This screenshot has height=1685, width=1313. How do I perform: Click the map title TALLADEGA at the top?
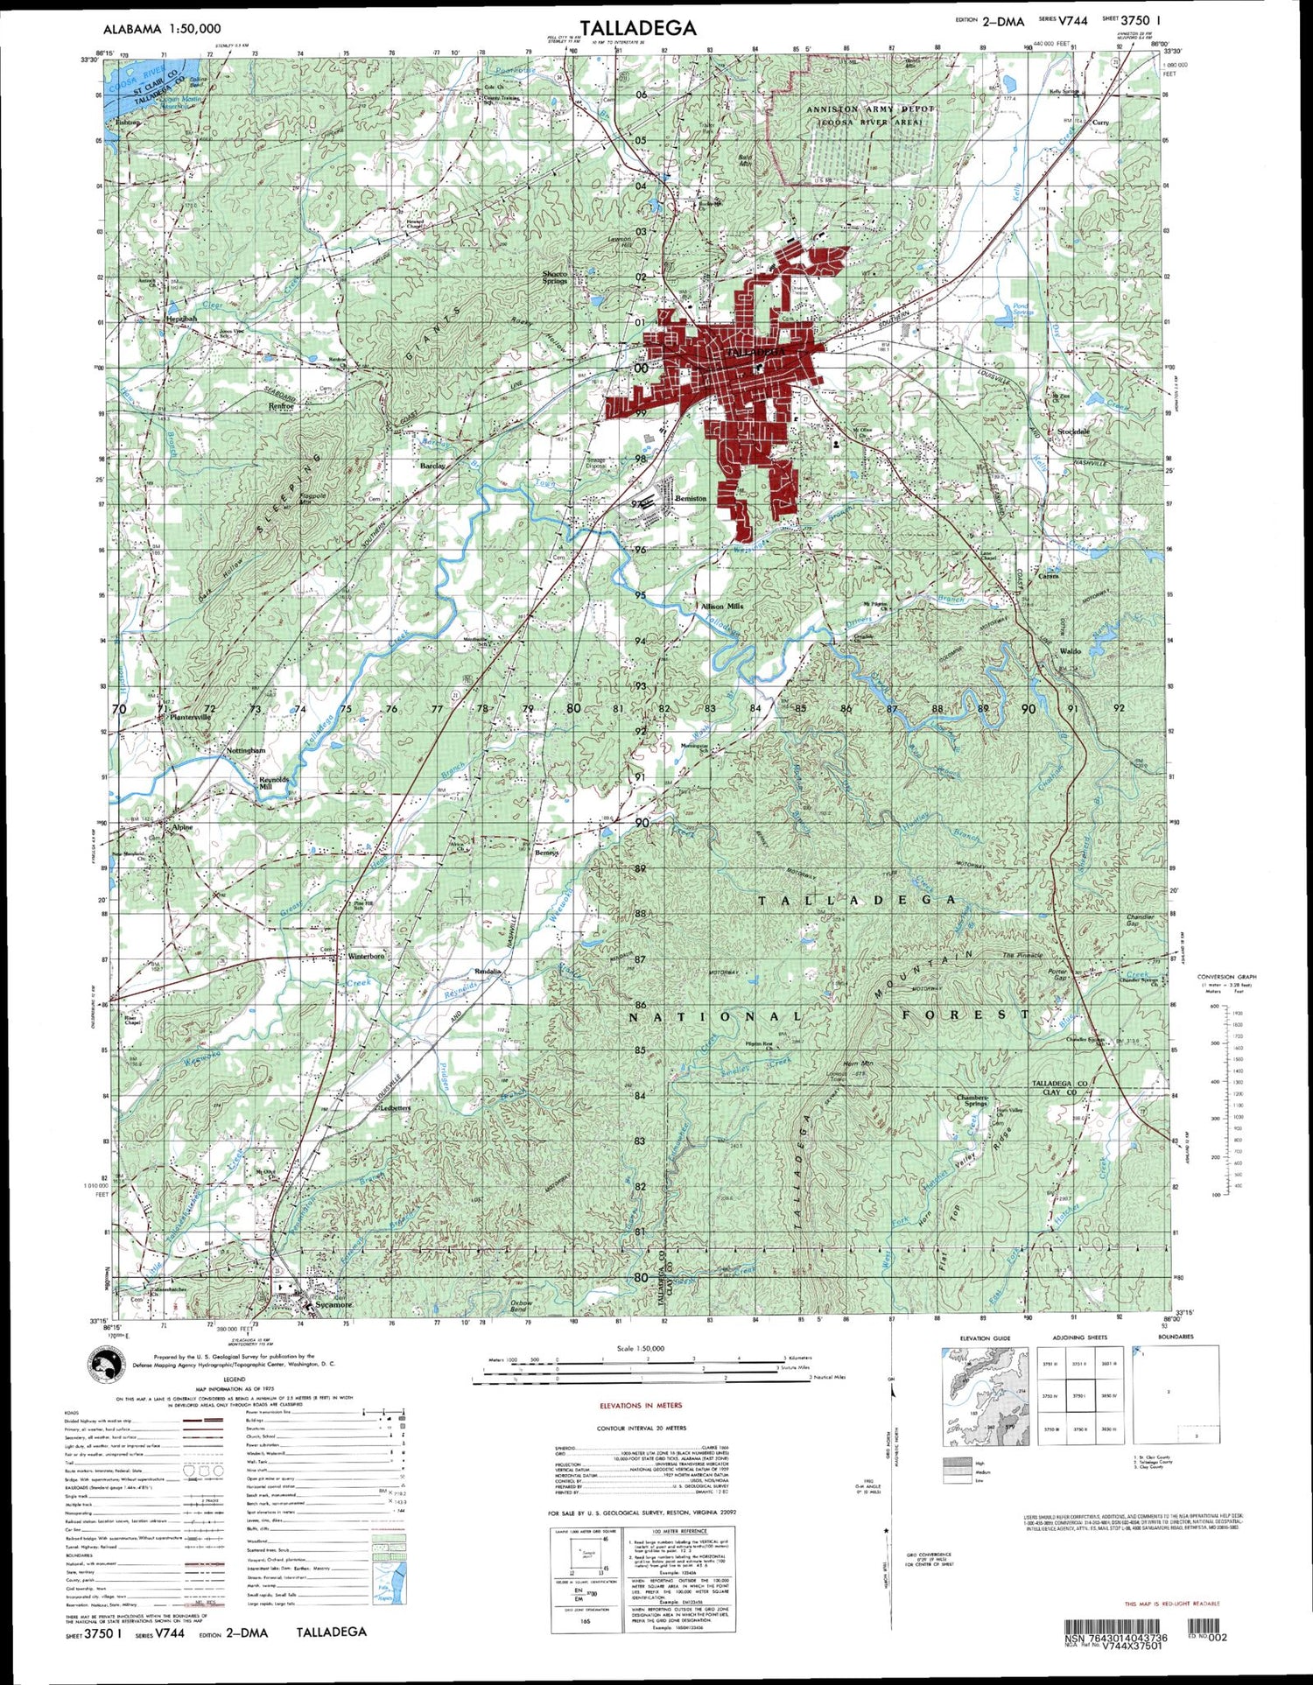pos(638,28)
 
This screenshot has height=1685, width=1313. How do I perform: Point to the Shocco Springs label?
pos(555,277)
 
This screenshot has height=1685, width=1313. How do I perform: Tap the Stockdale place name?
pos(1073,432)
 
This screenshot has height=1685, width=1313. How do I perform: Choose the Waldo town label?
pos(1071,651)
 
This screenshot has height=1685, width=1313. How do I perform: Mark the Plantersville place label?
pos(191,717)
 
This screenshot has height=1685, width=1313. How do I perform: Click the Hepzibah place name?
pos(181,319)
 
